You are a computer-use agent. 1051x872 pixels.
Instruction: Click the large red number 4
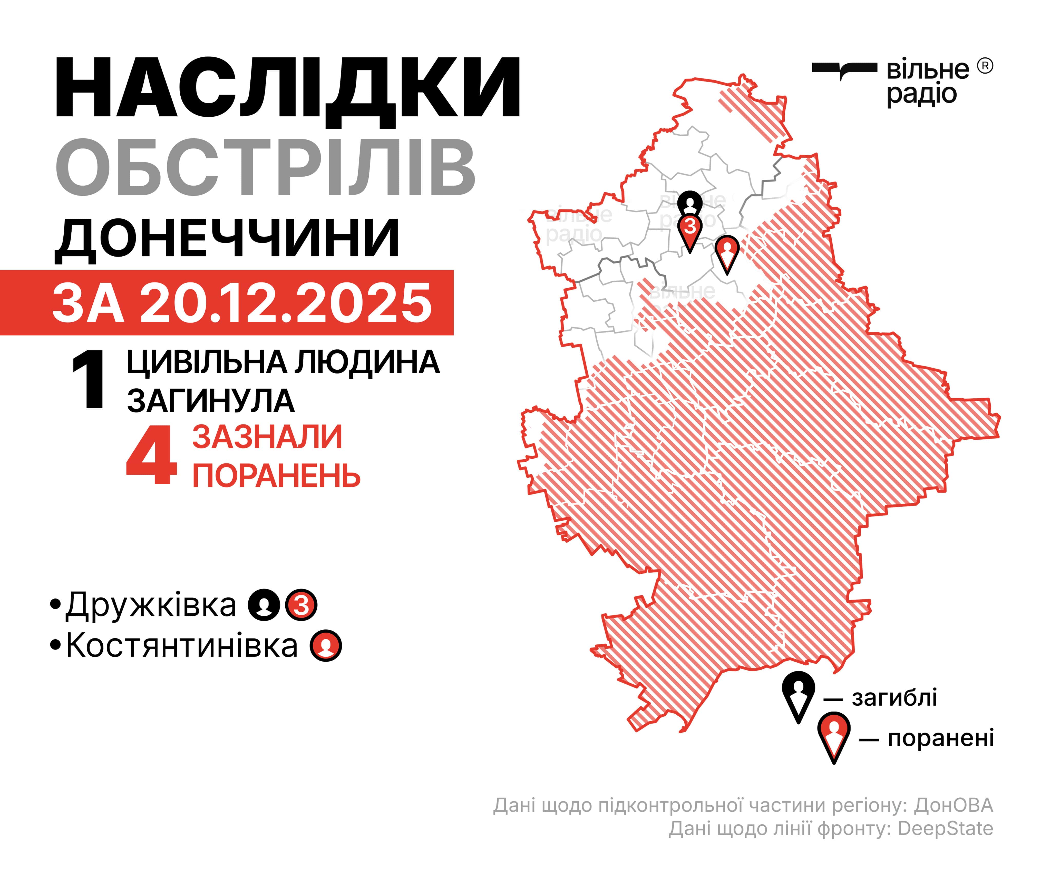(x=151, y=456)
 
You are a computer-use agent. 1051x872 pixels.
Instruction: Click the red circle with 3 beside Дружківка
(x=301, y=605)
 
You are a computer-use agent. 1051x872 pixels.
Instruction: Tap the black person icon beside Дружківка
(x=264, y=605)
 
